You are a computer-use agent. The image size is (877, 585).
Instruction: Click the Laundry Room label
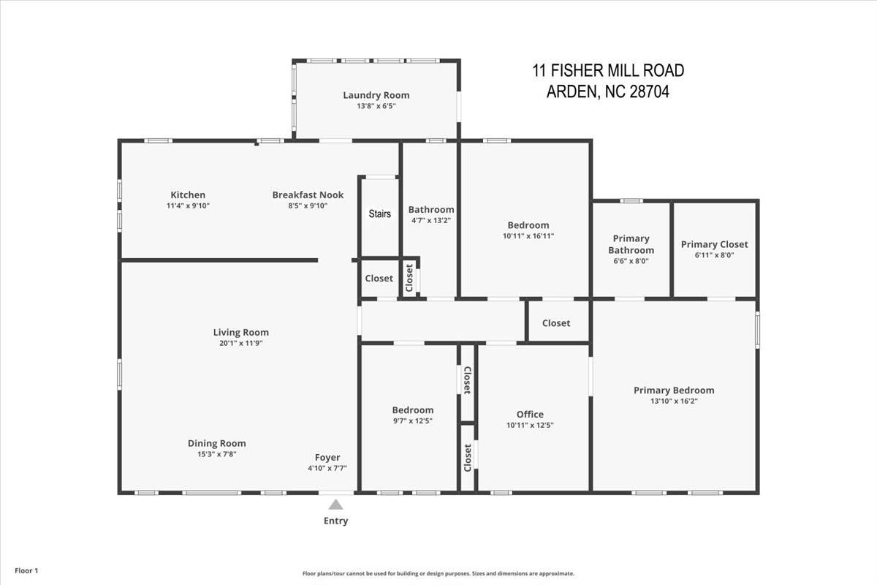376,95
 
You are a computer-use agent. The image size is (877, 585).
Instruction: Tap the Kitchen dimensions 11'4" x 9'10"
188,206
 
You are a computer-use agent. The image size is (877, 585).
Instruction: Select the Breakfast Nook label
308,195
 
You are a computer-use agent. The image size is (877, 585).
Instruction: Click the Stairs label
379,214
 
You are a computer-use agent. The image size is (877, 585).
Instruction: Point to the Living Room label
241,333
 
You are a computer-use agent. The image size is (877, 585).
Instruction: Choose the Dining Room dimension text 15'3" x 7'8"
216,454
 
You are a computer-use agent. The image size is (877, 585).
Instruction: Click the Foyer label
327,458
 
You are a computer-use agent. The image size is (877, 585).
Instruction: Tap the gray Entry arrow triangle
336,505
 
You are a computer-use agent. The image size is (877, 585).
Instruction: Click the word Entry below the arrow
336,521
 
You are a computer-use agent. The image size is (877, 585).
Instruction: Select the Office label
530,415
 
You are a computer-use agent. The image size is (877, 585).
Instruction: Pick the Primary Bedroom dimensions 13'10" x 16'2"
674,401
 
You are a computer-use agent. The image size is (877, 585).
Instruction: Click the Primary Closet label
714,244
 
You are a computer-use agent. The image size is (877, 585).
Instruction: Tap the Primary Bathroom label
631,244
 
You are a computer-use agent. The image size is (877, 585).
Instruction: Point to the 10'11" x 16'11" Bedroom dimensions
528,236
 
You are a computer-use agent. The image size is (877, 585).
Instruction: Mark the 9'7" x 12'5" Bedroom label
413,410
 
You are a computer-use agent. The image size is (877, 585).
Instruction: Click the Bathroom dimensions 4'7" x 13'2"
431,220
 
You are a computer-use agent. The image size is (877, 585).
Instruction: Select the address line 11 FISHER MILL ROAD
608,71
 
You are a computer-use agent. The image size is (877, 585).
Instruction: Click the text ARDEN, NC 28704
608,93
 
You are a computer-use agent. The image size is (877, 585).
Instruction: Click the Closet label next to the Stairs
379,279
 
